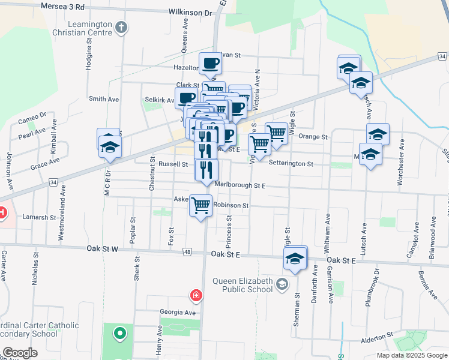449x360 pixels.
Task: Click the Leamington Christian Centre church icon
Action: pyautogui.click(x=122, y=27)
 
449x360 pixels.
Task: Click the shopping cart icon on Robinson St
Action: pyautogui.click(x=201, y=206)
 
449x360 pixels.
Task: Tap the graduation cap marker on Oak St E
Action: pyautogui.click(x=295, y=259)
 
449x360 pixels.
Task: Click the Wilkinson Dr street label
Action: pyautogui.click(x=191, y=12)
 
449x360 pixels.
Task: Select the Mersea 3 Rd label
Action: pyautogui.click(x=63, y=6)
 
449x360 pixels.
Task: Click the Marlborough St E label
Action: pyautogui.click(x=240, y=185)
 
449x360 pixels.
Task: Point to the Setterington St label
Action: pyautogui.click(x=291, y=163)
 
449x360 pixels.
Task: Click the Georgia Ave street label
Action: pyautogui.click(x=178, y=313)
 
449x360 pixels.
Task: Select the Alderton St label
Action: pyautogui.click(x=376, y=340)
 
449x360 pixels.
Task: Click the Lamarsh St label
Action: pyautogui.click(x=40, y=217)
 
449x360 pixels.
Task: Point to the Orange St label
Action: pyautogui.click(x=313, y=137)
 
